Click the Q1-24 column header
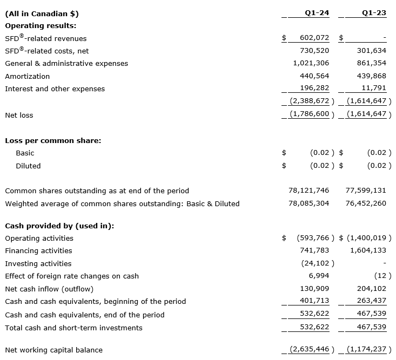coord(317,13)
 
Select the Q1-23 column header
coord(374,13)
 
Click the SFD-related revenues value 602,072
coord(314,38)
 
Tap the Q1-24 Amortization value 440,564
coord(314,76)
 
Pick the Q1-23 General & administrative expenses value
coord(372,63)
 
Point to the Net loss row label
coord(19,115)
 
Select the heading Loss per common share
coord(53,140)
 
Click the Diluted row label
coord(28,166)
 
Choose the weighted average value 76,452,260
coord(366,203)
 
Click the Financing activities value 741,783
coord(314,250)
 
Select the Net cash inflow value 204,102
coord(372,289)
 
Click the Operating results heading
coord(41,25)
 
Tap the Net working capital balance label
coord(53,350)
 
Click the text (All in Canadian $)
coord(42,13)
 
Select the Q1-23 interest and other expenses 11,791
coord(374,89)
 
